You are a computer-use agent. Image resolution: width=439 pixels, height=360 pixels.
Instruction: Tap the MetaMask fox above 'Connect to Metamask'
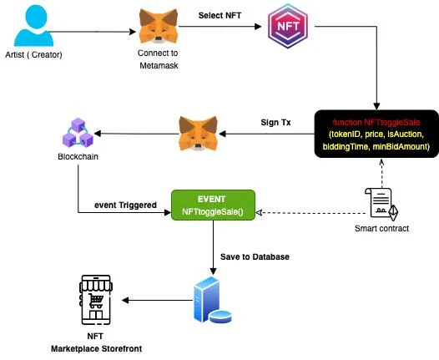[159, 26]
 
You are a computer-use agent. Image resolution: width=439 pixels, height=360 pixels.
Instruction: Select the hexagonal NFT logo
[288, 26]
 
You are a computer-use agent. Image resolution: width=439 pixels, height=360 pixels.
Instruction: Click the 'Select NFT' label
[219, 15]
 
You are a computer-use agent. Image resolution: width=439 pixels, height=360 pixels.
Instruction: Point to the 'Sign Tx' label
[275, 123]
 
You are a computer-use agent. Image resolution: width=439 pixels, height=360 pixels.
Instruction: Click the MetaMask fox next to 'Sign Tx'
[199, 134]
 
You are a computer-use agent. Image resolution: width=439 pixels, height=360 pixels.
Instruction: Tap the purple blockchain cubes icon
[78, 133]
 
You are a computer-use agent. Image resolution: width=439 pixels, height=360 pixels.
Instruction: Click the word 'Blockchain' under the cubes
[78, 156]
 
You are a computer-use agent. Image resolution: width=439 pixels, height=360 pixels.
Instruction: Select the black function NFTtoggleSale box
[376, 134]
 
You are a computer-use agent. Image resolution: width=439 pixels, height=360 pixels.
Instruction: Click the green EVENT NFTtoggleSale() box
[213, 205]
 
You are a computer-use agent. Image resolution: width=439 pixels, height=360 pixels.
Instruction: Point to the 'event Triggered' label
[125, 205]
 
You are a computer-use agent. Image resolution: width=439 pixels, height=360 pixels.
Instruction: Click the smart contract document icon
[381, 205]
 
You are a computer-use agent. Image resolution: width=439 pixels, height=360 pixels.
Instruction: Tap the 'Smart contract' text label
[381, 229]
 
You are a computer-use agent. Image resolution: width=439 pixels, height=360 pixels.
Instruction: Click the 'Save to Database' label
[255, 257]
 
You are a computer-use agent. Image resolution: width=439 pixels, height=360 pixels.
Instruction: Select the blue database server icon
[213, 300]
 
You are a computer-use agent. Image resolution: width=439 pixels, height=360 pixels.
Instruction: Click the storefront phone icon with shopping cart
[96, 300]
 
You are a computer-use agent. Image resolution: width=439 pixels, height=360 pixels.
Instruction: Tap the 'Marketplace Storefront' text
[96, 349]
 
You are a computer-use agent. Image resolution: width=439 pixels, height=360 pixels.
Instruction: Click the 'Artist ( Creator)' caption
[33, 54]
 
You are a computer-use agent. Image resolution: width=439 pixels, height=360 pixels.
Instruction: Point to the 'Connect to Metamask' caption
[159, 59]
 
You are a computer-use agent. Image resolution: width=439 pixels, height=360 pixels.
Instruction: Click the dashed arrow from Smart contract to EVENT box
[310, 213]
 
